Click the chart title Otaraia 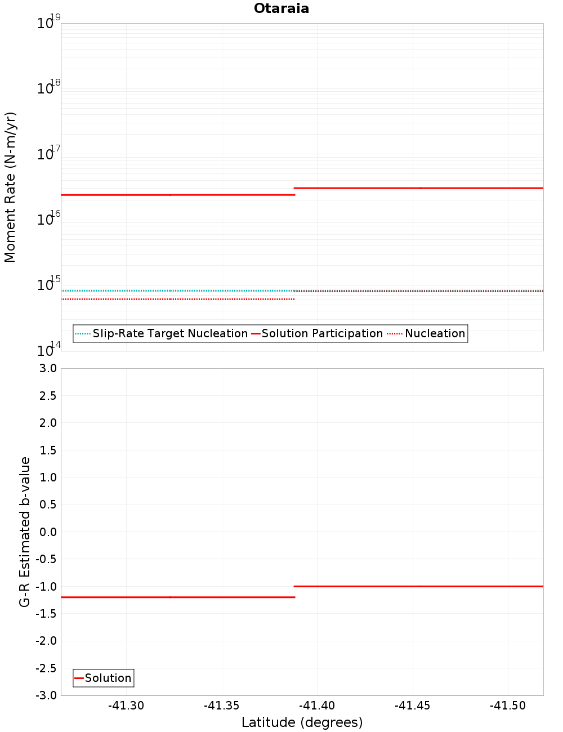281,8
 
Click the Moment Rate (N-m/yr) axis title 10,187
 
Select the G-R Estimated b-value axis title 25,532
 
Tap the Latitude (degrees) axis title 302,722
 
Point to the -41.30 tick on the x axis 126,706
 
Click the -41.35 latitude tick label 222,706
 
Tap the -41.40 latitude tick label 317,706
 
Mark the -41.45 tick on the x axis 413,706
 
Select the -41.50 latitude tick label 508,706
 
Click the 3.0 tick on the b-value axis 48,368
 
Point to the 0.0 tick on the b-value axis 48,532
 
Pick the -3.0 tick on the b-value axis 46,695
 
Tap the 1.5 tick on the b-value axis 48,450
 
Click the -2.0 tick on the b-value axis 46,641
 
